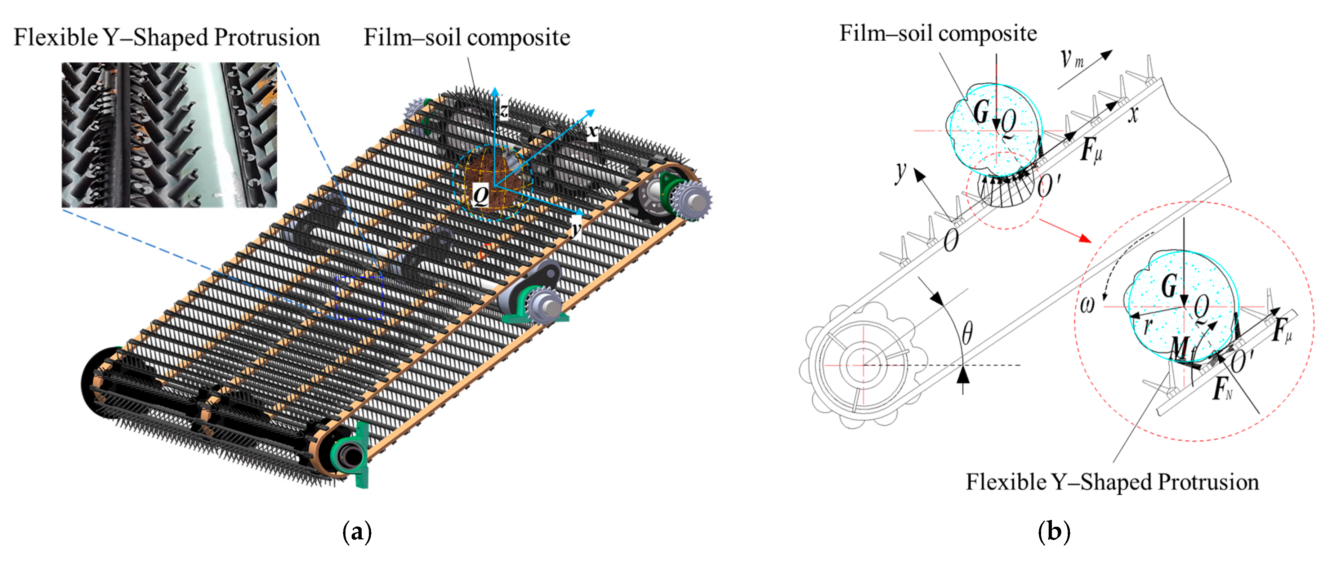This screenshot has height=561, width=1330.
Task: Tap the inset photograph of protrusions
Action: (x=169, y=135)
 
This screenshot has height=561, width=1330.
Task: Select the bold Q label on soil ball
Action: (x=481, y=195)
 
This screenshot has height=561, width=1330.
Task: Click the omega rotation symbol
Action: (x=1087, y=305)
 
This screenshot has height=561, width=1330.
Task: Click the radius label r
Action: (x=1147, y=325)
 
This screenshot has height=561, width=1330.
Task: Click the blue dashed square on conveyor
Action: (x=360, y=298)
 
